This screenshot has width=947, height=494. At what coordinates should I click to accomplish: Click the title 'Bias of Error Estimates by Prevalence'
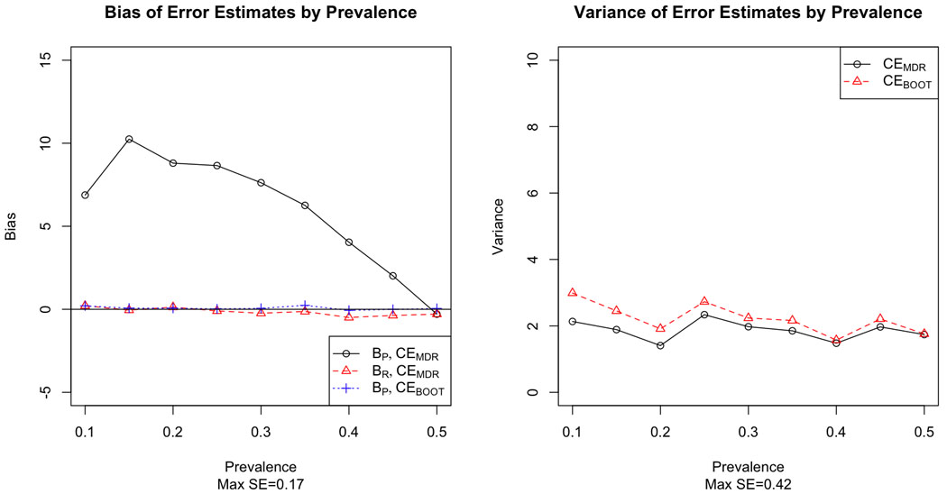261,14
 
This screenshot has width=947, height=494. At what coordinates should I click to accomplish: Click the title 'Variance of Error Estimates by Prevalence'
749,14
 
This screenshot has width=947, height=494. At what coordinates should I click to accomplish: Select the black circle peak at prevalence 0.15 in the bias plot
129,139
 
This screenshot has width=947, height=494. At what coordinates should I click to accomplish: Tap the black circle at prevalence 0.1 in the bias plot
85,195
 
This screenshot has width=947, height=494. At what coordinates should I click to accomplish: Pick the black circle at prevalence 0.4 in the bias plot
349,242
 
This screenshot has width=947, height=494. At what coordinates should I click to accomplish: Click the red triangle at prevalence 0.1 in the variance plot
572,292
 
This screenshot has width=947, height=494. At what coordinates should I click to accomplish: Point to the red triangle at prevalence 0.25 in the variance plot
704,301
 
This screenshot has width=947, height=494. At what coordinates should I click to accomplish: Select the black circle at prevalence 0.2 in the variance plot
660,345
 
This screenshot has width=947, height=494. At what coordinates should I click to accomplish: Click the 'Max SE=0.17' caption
261,482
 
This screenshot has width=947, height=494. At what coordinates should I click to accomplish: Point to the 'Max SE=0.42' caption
749,482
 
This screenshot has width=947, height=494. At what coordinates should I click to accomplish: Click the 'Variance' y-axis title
497,226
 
